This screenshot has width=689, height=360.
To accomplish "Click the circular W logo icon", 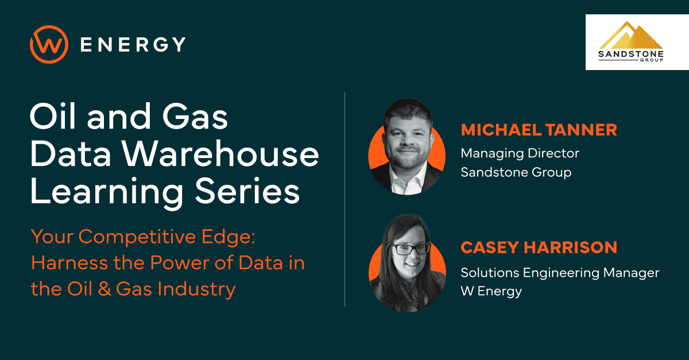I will pos(49,44).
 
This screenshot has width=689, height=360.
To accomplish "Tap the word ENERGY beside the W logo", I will pos(133,44).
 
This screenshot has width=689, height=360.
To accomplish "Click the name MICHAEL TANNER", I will pos(539,130).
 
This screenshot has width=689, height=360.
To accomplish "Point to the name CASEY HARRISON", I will pos(539,248).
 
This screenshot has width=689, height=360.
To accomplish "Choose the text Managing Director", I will pos(520,153).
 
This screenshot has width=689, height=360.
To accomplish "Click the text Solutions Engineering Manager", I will pos(560,272).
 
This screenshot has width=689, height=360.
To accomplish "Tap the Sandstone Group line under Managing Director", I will pos(516,172).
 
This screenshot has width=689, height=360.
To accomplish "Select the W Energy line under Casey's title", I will pos(491,291).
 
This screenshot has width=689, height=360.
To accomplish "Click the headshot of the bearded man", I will pos(406,146).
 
